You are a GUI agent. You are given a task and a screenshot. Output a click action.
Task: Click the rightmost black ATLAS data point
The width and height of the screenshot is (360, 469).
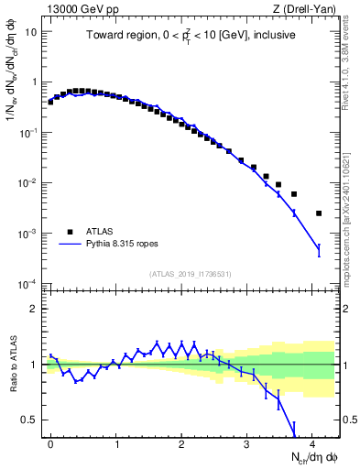(319, 213)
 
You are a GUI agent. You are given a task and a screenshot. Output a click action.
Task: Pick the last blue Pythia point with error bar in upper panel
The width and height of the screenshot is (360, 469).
(319, 250)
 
